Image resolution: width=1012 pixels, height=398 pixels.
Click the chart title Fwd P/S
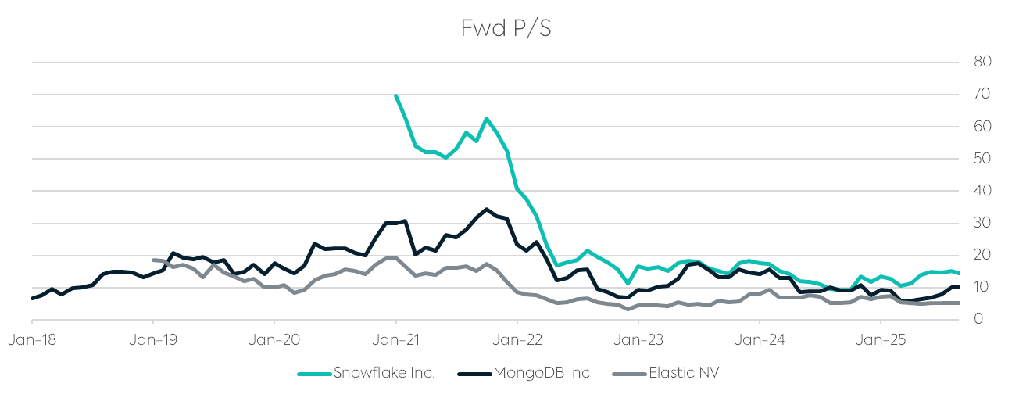[506, 28]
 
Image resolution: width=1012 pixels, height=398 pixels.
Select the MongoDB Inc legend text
[541, 373]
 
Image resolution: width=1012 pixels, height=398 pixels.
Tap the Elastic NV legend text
[683, 373]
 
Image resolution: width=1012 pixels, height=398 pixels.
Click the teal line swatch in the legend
[314, 374]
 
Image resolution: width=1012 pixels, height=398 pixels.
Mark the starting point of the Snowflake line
[395, 95]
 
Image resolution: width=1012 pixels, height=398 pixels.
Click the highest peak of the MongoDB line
[486, 209]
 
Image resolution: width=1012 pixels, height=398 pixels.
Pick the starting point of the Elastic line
[153, 260]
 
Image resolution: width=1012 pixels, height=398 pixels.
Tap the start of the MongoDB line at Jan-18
[33, 298]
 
